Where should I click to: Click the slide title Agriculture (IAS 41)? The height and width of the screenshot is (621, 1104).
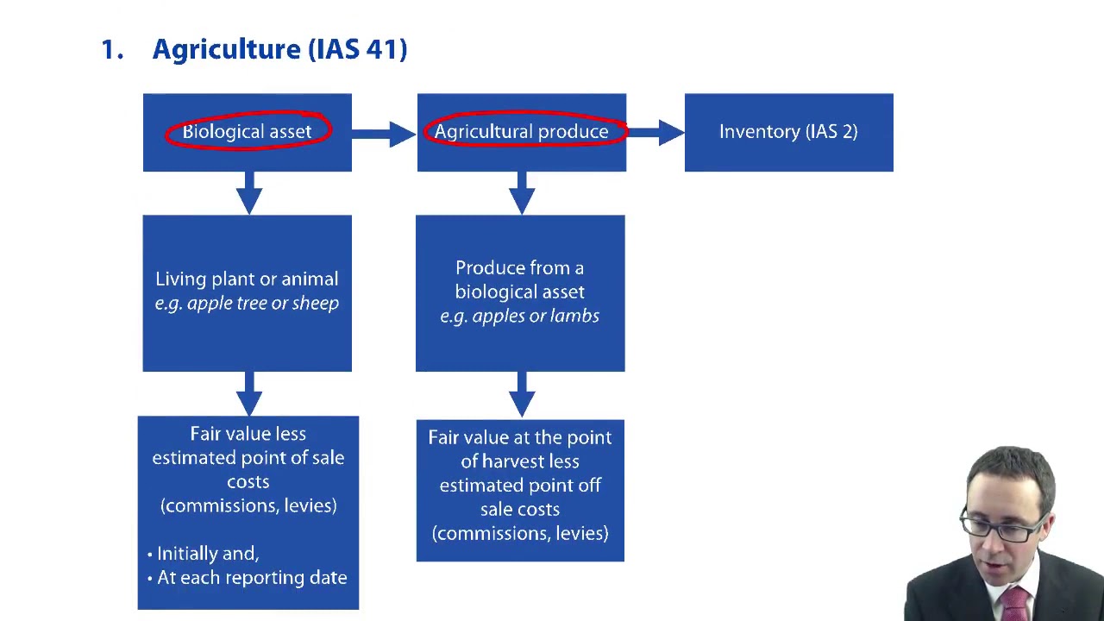click(279, 49)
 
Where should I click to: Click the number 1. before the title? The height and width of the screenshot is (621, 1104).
click(112, 49)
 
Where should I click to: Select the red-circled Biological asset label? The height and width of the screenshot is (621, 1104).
click(247, 132)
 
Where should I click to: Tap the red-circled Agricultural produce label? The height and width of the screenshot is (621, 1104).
click(521, 132)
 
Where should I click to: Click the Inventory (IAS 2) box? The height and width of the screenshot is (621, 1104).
click(788, 132)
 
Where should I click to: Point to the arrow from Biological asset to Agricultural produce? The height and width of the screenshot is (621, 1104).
click(384, 133)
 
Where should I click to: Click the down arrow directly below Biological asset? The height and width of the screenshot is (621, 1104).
click(248, 192)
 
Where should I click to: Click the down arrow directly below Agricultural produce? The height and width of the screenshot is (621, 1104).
click(521, 192)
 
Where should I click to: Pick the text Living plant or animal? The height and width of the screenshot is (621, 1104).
click(247, 279)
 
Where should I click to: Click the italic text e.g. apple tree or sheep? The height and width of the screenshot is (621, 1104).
click(247, 304)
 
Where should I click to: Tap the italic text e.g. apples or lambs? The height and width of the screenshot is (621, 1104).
click(519, 317)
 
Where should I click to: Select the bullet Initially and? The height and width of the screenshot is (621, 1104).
click(207, 554)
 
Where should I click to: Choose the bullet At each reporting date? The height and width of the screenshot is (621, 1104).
click(251, 578)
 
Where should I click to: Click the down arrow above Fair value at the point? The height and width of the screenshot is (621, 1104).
click(521, 395)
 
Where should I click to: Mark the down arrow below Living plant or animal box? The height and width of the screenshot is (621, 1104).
click(248, 393)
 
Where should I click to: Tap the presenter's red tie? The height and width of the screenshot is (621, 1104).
click(1015, 603)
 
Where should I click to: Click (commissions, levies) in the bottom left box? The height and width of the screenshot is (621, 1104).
click(248, 506)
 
